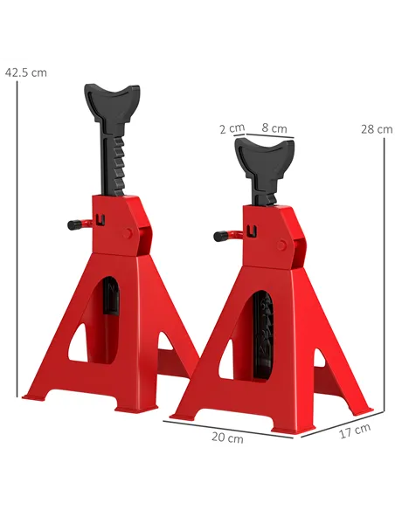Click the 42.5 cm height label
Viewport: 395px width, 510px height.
point(25,72)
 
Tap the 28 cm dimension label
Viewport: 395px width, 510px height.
point(377,128)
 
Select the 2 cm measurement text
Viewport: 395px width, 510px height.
point(232,128)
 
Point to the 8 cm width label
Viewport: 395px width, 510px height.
point(274,128)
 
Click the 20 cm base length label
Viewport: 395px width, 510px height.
point(229,438)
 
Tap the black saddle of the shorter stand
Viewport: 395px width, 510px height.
point(266,158)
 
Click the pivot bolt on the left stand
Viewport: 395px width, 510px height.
point(130,233)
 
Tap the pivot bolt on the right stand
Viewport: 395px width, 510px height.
point(281,245)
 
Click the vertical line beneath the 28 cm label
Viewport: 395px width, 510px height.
point(383,271)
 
